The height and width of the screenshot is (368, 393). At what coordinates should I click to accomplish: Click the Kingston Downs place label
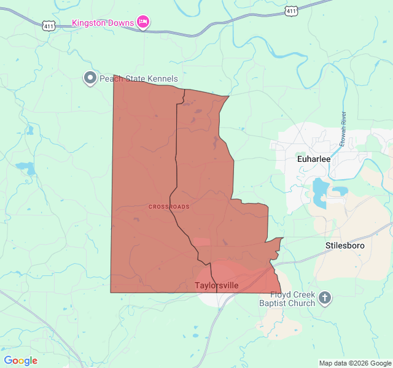pos(103,23)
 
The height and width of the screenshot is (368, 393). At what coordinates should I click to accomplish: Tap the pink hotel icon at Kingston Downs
pos(142,23)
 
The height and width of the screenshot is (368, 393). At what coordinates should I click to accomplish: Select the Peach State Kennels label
pos(139,79)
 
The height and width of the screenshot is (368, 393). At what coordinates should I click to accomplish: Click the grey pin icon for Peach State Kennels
pos(90,78)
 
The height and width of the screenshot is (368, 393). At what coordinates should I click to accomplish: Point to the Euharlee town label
pos(313,159)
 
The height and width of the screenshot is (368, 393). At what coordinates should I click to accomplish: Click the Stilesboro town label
pos(344,245)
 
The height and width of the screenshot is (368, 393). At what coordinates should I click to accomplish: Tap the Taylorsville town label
pos(216,286)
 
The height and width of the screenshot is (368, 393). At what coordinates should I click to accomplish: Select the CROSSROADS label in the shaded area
pos(169,207)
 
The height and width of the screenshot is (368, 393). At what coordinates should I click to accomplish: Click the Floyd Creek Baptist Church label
pos(287,299)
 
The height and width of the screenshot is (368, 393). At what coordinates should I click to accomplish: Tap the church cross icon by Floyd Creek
pos(325,299)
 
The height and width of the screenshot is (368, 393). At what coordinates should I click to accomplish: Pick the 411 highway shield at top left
pos(49,26)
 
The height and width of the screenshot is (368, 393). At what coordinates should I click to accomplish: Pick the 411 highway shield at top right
pos(292,11)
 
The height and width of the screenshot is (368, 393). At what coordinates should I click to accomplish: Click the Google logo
pos(20,361)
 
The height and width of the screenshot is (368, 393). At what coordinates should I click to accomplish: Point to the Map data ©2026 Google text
pos(354,363)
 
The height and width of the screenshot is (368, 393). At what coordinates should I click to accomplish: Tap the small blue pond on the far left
pos(24,167)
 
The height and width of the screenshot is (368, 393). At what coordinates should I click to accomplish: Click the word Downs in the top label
pos(122,23)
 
